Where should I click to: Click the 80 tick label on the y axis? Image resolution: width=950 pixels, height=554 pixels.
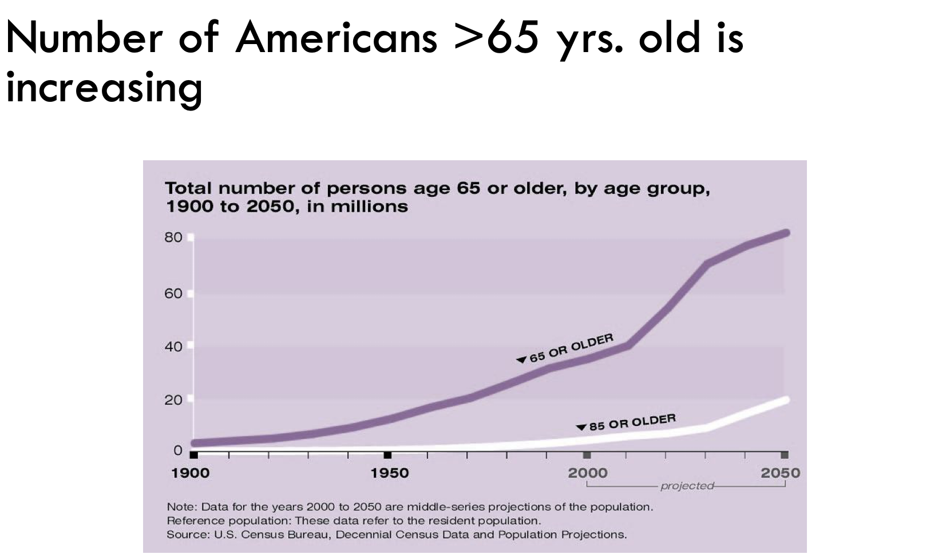point(173,238)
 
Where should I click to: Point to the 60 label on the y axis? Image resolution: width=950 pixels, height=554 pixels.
point(173,294)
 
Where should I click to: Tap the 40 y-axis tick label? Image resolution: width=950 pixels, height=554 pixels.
point(173,346)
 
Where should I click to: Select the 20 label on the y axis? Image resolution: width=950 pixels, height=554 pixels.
point(173,399)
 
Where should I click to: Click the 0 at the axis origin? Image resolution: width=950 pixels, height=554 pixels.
point(178,450)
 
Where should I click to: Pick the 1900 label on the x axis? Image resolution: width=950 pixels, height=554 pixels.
point(191,473)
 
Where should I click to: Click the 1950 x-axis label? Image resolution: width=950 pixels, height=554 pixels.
point(390,473)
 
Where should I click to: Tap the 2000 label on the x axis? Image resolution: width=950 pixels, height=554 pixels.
point(588,473)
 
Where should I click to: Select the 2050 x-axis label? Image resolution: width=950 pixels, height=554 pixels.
point(781,473)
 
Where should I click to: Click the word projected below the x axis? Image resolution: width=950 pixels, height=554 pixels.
point(687,486)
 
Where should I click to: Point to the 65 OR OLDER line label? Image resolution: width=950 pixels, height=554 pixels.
point(571,348)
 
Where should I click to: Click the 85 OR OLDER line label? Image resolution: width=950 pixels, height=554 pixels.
point(632,422)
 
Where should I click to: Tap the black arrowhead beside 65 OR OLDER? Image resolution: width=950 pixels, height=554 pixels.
point(521,359)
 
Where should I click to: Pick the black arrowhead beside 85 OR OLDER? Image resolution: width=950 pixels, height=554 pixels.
point(581,427)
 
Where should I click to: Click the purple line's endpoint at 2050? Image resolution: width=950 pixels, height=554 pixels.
point(786,233)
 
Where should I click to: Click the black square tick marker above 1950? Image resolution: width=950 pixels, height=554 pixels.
point(387,455)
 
